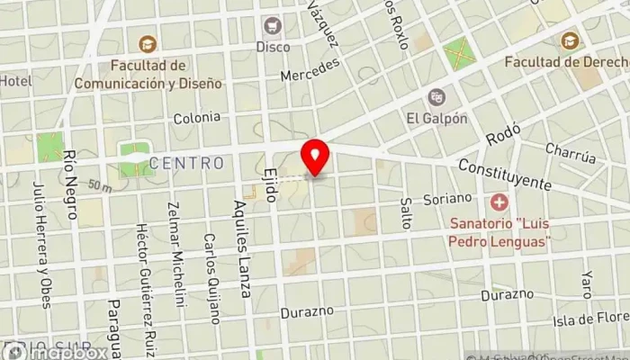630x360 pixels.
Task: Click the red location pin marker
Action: pos(315,158)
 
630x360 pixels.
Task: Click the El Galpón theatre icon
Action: pos(436,97)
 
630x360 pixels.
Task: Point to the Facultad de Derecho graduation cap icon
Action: pos(570,40)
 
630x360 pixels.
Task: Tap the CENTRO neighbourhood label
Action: pos(187,163)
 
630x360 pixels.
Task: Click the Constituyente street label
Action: pos(504,175)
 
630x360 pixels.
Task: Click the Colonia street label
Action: pos(196,117)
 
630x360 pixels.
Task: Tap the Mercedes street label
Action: pos(310,70)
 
